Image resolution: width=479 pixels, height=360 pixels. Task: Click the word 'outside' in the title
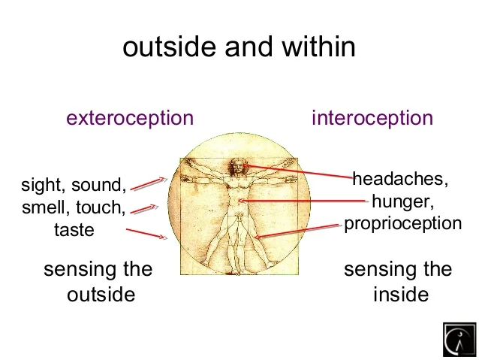[165, 47]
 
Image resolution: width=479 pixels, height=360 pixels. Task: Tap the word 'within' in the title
[317, 47]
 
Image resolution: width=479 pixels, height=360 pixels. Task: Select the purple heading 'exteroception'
[130, 118]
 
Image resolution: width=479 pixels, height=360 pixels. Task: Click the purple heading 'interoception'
[372, 118]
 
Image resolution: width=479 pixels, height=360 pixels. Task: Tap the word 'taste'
[74, 230]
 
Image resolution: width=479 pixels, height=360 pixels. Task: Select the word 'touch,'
[100, 207]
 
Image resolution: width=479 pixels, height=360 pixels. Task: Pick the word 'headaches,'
[400, 180]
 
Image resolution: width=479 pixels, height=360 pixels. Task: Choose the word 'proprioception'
[402, 224]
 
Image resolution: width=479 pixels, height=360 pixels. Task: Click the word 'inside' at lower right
[400, 294]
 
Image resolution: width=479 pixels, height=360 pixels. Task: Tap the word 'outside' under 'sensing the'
[101, 294]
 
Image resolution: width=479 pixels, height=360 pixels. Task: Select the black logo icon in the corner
[459, 340]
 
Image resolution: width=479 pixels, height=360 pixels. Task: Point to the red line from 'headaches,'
[300, 171]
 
